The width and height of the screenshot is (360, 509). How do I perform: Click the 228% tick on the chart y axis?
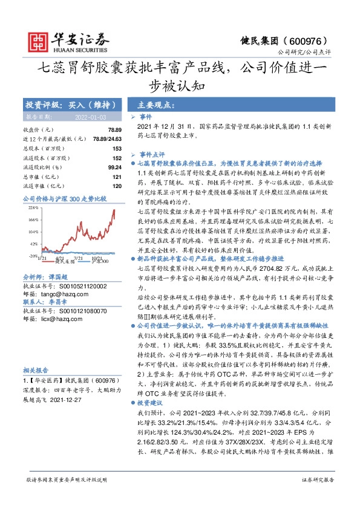tap(32, 207)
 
